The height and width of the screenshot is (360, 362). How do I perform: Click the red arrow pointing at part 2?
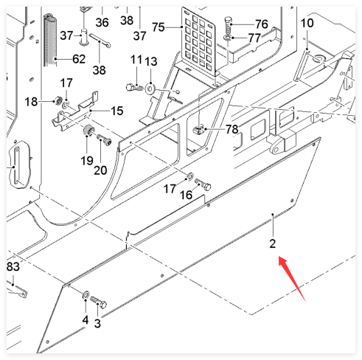point(292,279)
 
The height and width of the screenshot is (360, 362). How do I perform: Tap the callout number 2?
point(273,243)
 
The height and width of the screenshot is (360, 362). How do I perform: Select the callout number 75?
point(159,27)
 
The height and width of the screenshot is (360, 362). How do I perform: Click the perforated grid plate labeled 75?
point(198,42)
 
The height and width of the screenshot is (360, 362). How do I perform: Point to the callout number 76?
point(262,24)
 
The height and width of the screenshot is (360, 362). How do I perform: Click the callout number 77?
point(254,38)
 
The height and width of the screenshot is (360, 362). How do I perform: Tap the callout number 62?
point(79,59)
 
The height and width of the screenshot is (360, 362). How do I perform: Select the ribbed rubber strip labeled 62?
point(50,40)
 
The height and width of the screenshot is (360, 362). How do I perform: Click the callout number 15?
point(117,111)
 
